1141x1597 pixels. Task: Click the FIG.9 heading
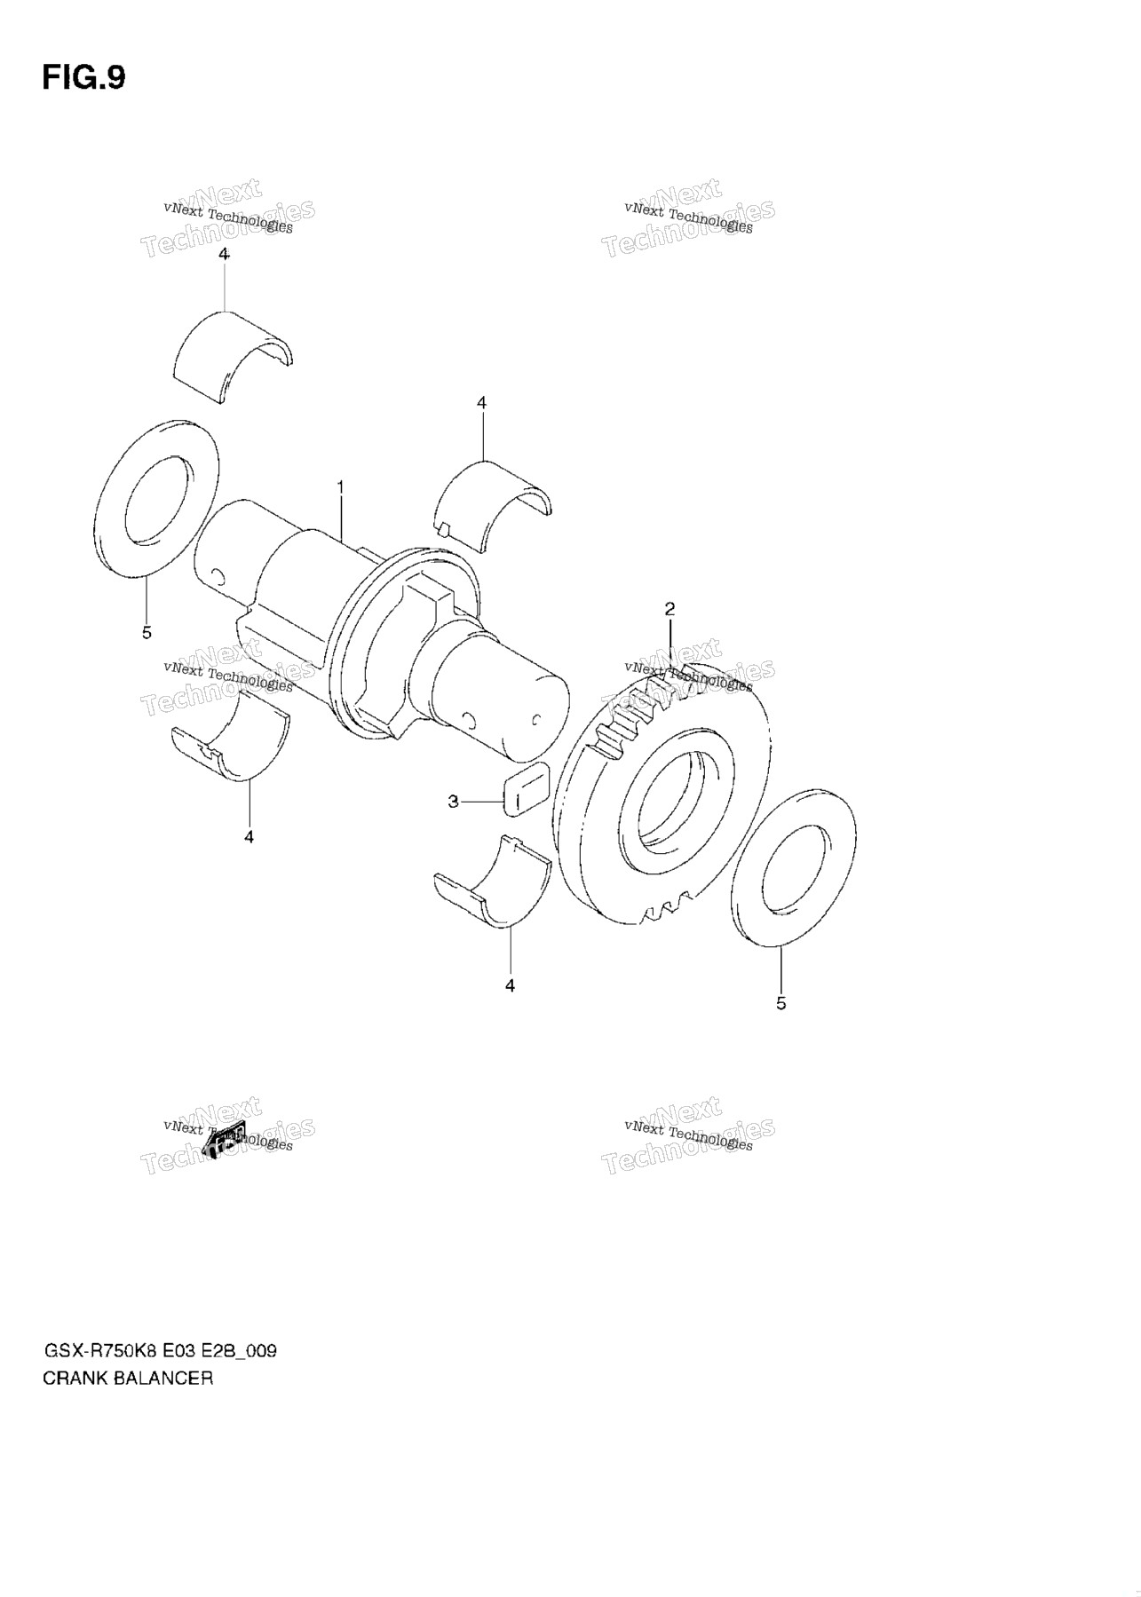(83, 78)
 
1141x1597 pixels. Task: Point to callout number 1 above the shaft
(339, 487)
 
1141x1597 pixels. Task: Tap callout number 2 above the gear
(670, 609)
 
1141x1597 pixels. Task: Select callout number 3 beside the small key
(453, 802)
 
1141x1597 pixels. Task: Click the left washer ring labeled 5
(155, 499)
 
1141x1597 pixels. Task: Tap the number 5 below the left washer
(147, 632)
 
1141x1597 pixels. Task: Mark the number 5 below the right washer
(780, 1003)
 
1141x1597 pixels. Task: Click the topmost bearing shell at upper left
(233, 355)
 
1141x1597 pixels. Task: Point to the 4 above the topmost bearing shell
(224, 254)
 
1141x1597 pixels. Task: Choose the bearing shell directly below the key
(492, 884)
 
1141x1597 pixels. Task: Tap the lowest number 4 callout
(510, 985)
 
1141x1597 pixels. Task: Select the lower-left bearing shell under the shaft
(231, 737)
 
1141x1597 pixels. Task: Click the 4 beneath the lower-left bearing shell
(249, 836)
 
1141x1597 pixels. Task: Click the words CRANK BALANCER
(128, 1379)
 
